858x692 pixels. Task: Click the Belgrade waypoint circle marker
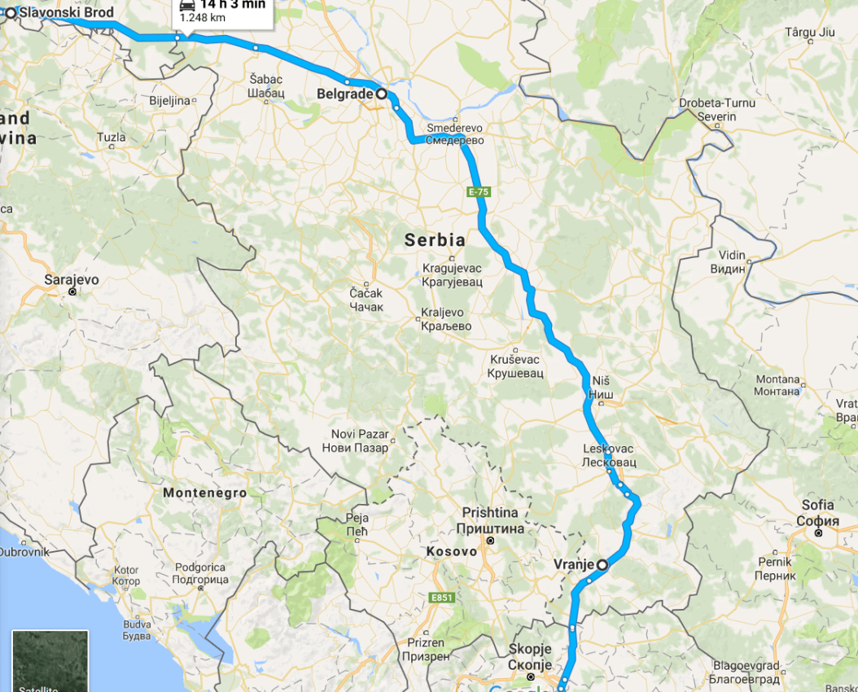click(381, 94)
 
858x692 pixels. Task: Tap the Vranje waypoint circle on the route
click(602, 564)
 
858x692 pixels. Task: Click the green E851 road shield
click(441, 598)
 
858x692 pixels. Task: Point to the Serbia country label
click(436, 240)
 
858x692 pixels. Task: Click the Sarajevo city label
click(72, 280)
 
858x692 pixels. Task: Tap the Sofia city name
click(817, 506)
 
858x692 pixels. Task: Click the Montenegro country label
click(204, 493)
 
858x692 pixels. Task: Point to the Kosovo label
click(451, 552)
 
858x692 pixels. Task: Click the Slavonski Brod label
click(66, 12)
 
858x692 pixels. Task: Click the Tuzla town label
click(112, 138)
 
